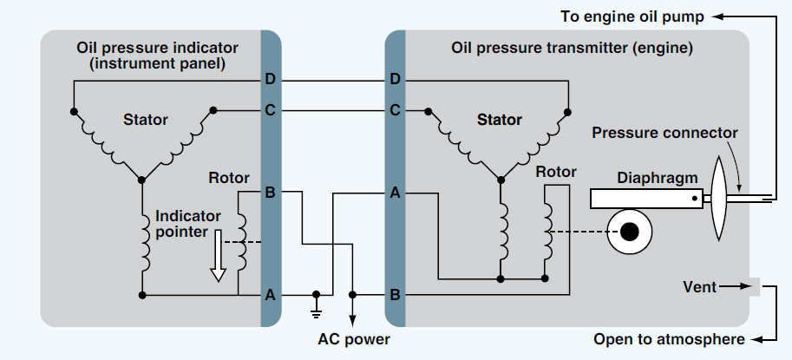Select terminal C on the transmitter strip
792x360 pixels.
click(396, 110)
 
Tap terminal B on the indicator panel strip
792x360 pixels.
click(270, 192)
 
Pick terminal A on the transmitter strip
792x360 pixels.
click(396, 193)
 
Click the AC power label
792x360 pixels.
click(352, 338)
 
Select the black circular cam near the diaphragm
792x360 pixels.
click(631, 232)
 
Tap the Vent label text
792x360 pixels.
click(700, 286)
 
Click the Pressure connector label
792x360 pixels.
click(664, 133)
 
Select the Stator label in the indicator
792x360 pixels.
click(146, 119)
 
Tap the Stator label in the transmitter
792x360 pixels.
click(500, 120)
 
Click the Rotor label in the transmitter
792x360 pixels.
click(555, 172)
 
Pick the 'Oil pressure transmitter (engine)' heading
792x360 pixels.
click(573, 48)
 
